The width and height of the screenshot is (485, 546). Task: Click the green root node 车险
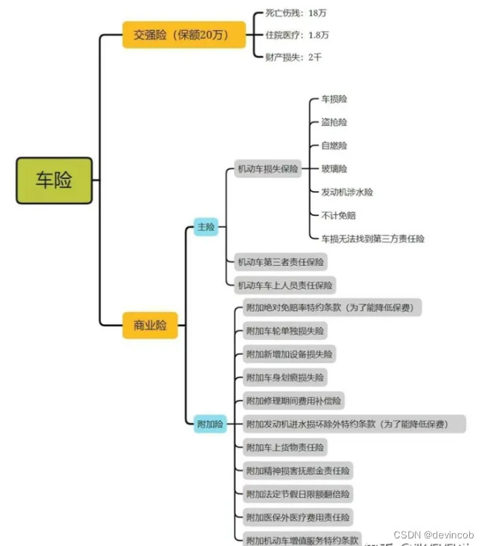pyautogui.click(x=55, y=180)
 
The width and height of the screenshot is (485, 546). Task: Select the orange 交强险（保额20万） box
pyautogui.click(x=185, y=35)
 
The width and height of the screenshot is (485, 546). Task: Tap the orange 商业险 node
pyautogui.click(x=150, y=325)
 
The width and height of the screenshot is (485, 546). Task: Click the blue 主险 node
pyautogui.click(x=205, y=226)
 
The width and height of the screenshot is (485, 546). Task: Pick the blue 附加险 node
pyautogui.click(x=210, y=424)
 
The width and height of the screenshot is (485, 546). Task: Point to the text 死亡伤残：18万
pyautogui.click(x=296, y=14)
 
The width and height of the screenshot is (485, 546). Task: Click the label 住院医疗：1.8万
pyautogui.click(x=296, y=35)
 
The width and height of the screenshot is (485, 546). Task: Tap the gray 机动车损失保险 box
pyautogui.click(x=268, y=168)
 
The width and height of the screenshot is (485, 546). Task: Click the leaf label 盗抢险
pyautogui.click(x=334, y=122)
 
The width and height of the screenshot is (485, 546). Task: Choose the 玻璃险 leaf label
pyautogui.click(x=334, y=168)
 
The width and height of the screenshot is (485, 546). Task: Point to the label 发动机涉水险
pyautogui.click(x=347, y=192)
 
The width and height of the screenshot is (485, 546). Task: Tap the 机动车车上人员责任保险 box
pyautogui.click(x=285, y=285)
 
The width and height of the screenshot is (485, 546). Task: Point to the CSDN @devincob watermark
pyautogui.click(x=441, y=533)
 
